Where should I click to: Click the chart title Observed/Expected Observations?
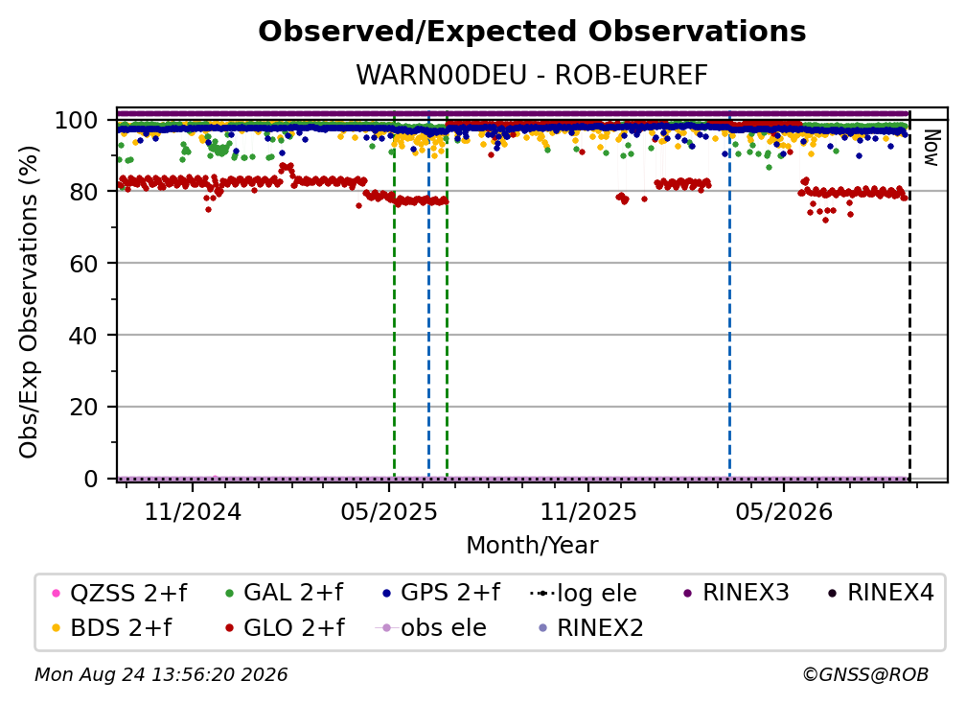pos(532,32)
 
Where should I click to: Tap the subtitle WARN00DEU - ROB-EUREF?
pos(532,76)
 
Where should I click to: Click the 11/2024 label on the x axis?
pos(193,511)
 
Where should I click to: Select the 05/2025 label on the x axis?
pos(389,511)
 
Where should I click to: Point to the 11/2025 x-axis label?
pos(588,511)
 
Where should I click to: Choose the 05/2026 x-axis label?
pos(784,511)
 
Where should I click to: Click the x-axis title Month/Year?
pos(532,546)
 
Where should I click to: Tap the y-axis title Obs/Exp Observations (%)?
pos(29,302)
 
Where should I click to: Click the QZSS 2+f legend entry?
pos(119,593)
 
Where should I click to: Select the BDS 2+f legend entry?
pos(111,628)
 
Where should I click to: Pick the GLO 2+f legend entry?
pos(285,628)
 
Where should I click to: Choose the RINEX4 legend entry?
pos(881,593)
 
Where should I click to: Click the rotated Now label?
pos(931,148)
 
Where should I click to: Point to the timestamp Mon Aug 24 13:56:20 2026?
pos(161,675)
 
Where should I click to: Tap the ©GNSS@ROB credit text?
pos(865,675)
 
